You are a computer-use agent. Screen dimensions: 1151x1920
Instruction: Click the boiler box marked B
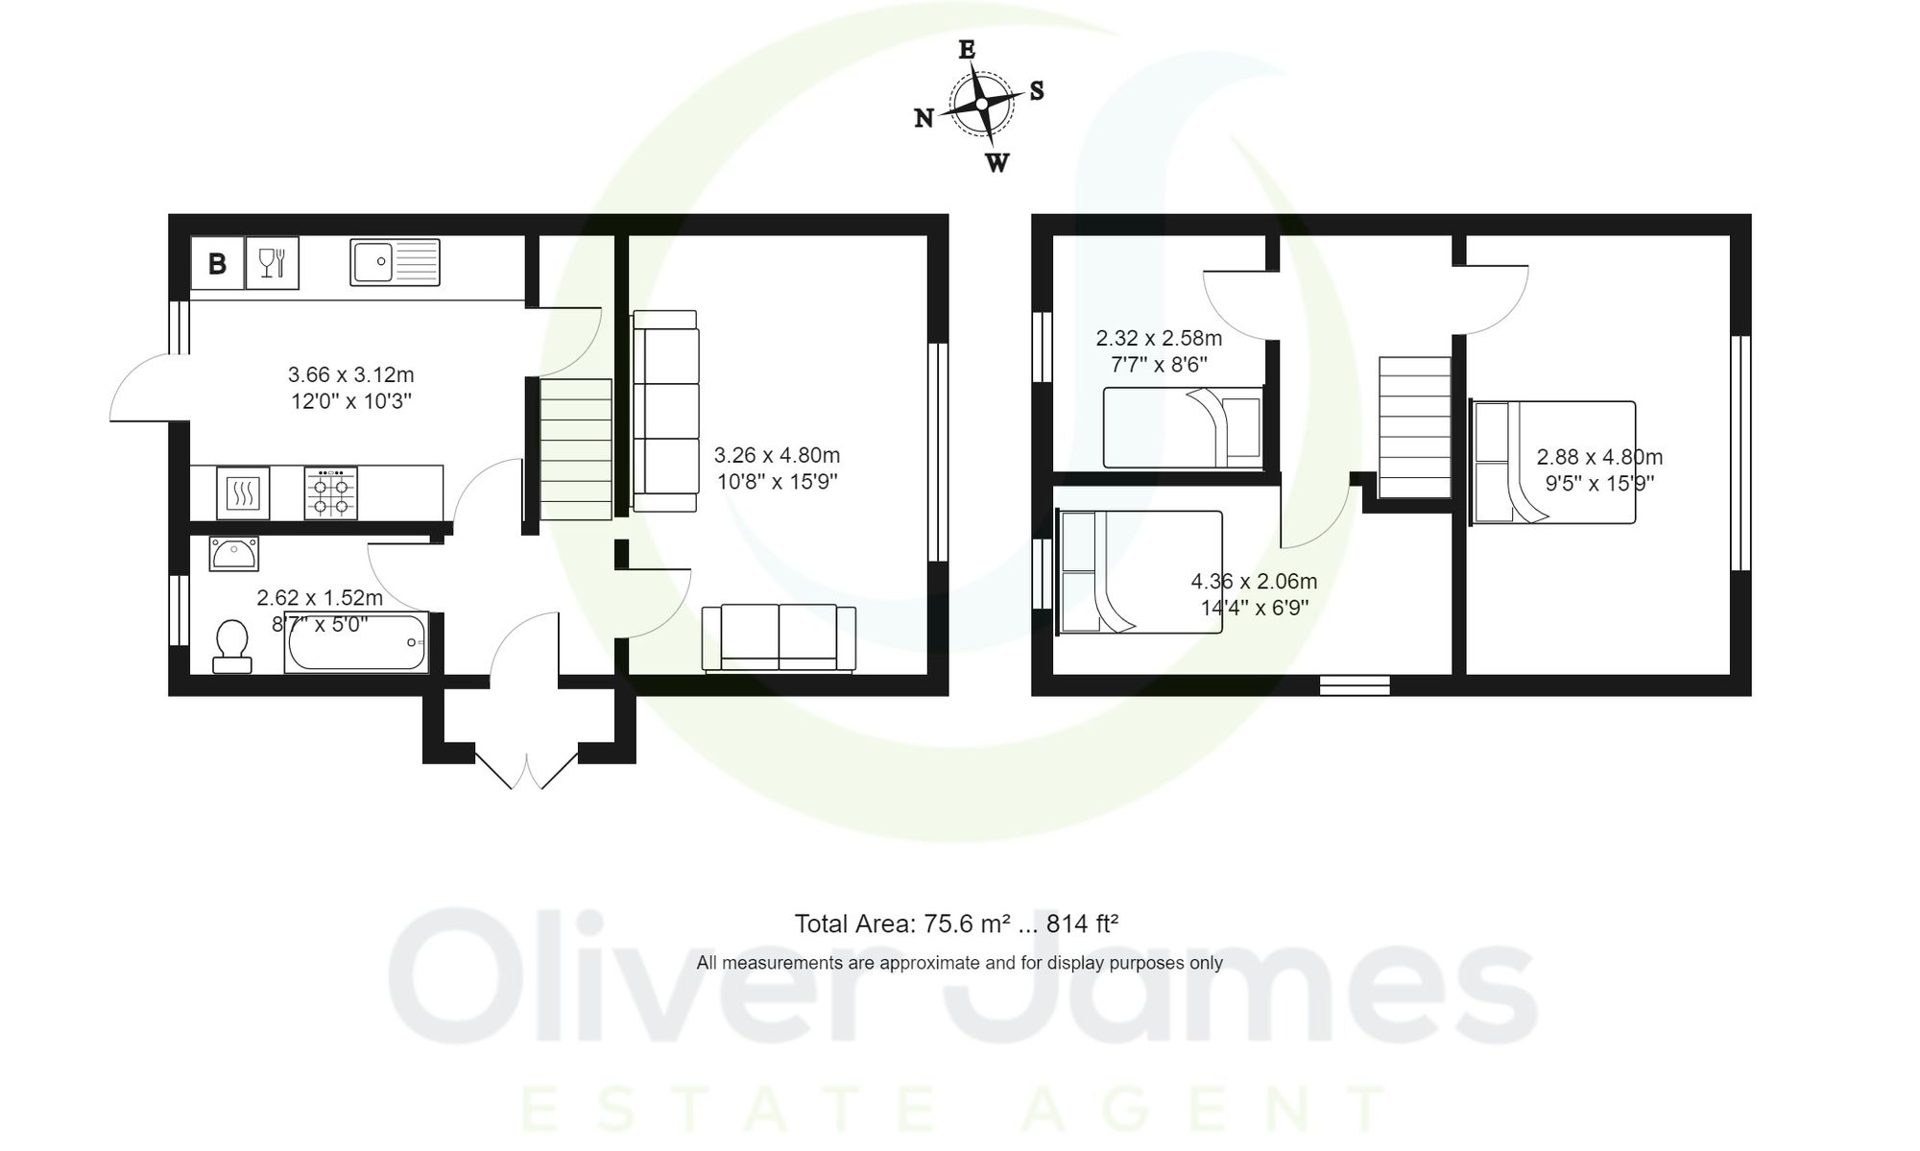pyautogui.click(x=217, y=263)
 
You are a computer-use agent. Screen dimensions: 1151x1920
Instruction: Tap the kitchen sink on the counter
pyautogui.click(x=395, y=262)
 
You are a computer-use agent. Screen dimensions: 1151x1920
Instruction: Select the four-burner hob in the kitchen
pyautogui.click(x=330, y=493)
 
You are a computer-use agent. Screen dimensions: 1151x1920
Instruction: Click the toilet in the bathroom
pyautogui.click(x=231, y=646)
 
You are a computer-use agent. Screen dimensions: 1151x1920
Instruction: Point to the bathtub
pyautogui.click(x=356, y=642)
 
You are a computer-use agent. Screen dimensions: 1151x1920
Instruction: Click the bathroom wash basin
pyautogui.click(x=233, y=554)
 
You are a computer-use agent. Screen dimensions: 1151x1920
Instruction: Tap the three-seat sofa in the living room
pyautogui.click(x=664, y=411)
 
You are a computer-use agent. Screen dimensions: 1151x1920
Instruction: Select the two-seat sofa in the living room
pyautogui.click(x=779, y=637)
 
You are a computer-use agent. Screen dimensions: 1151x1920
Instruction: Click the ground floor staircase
pyautogui.click(x=576, y=449)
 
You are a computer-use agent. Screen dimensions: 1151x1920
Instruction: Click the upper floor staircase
pyautogui.click(x=1414, y=427)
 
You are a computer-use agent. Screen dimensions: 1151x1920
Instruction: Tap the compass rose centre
pyautogui.click(x=981, y=104)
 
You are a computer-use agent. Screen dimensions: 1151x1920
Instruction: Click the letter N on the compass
pyautogui.click(x=924, y=118)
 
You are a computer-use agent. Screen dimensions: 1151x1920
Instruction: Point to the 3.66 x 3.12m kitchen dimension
pyautogui.click(x=351, y=374)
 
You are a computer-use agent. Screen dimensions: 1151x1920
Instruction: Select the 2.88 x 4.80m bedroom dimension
pyautogui.click(x=1599, y=458)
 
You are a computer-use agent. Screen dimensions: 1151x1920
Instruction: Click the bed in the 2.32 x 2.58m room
pyautogui.click(x=1183, y=427)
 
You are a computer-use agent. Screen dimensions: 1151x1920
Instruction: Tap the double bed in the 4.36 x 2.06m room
pyautogui.click(x=1140, y=572)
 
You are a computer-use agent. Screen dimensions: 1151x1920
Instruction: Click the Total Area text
pyautogui.click(x=956, y=923)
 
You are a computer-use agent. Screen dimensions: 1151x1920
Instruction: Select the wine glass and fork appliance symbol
pyautogui.click(x=273, y=263)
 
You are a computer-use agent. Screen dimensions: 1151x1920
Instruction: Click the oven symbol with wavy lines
pyautogui.click(x=243, y=493)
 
